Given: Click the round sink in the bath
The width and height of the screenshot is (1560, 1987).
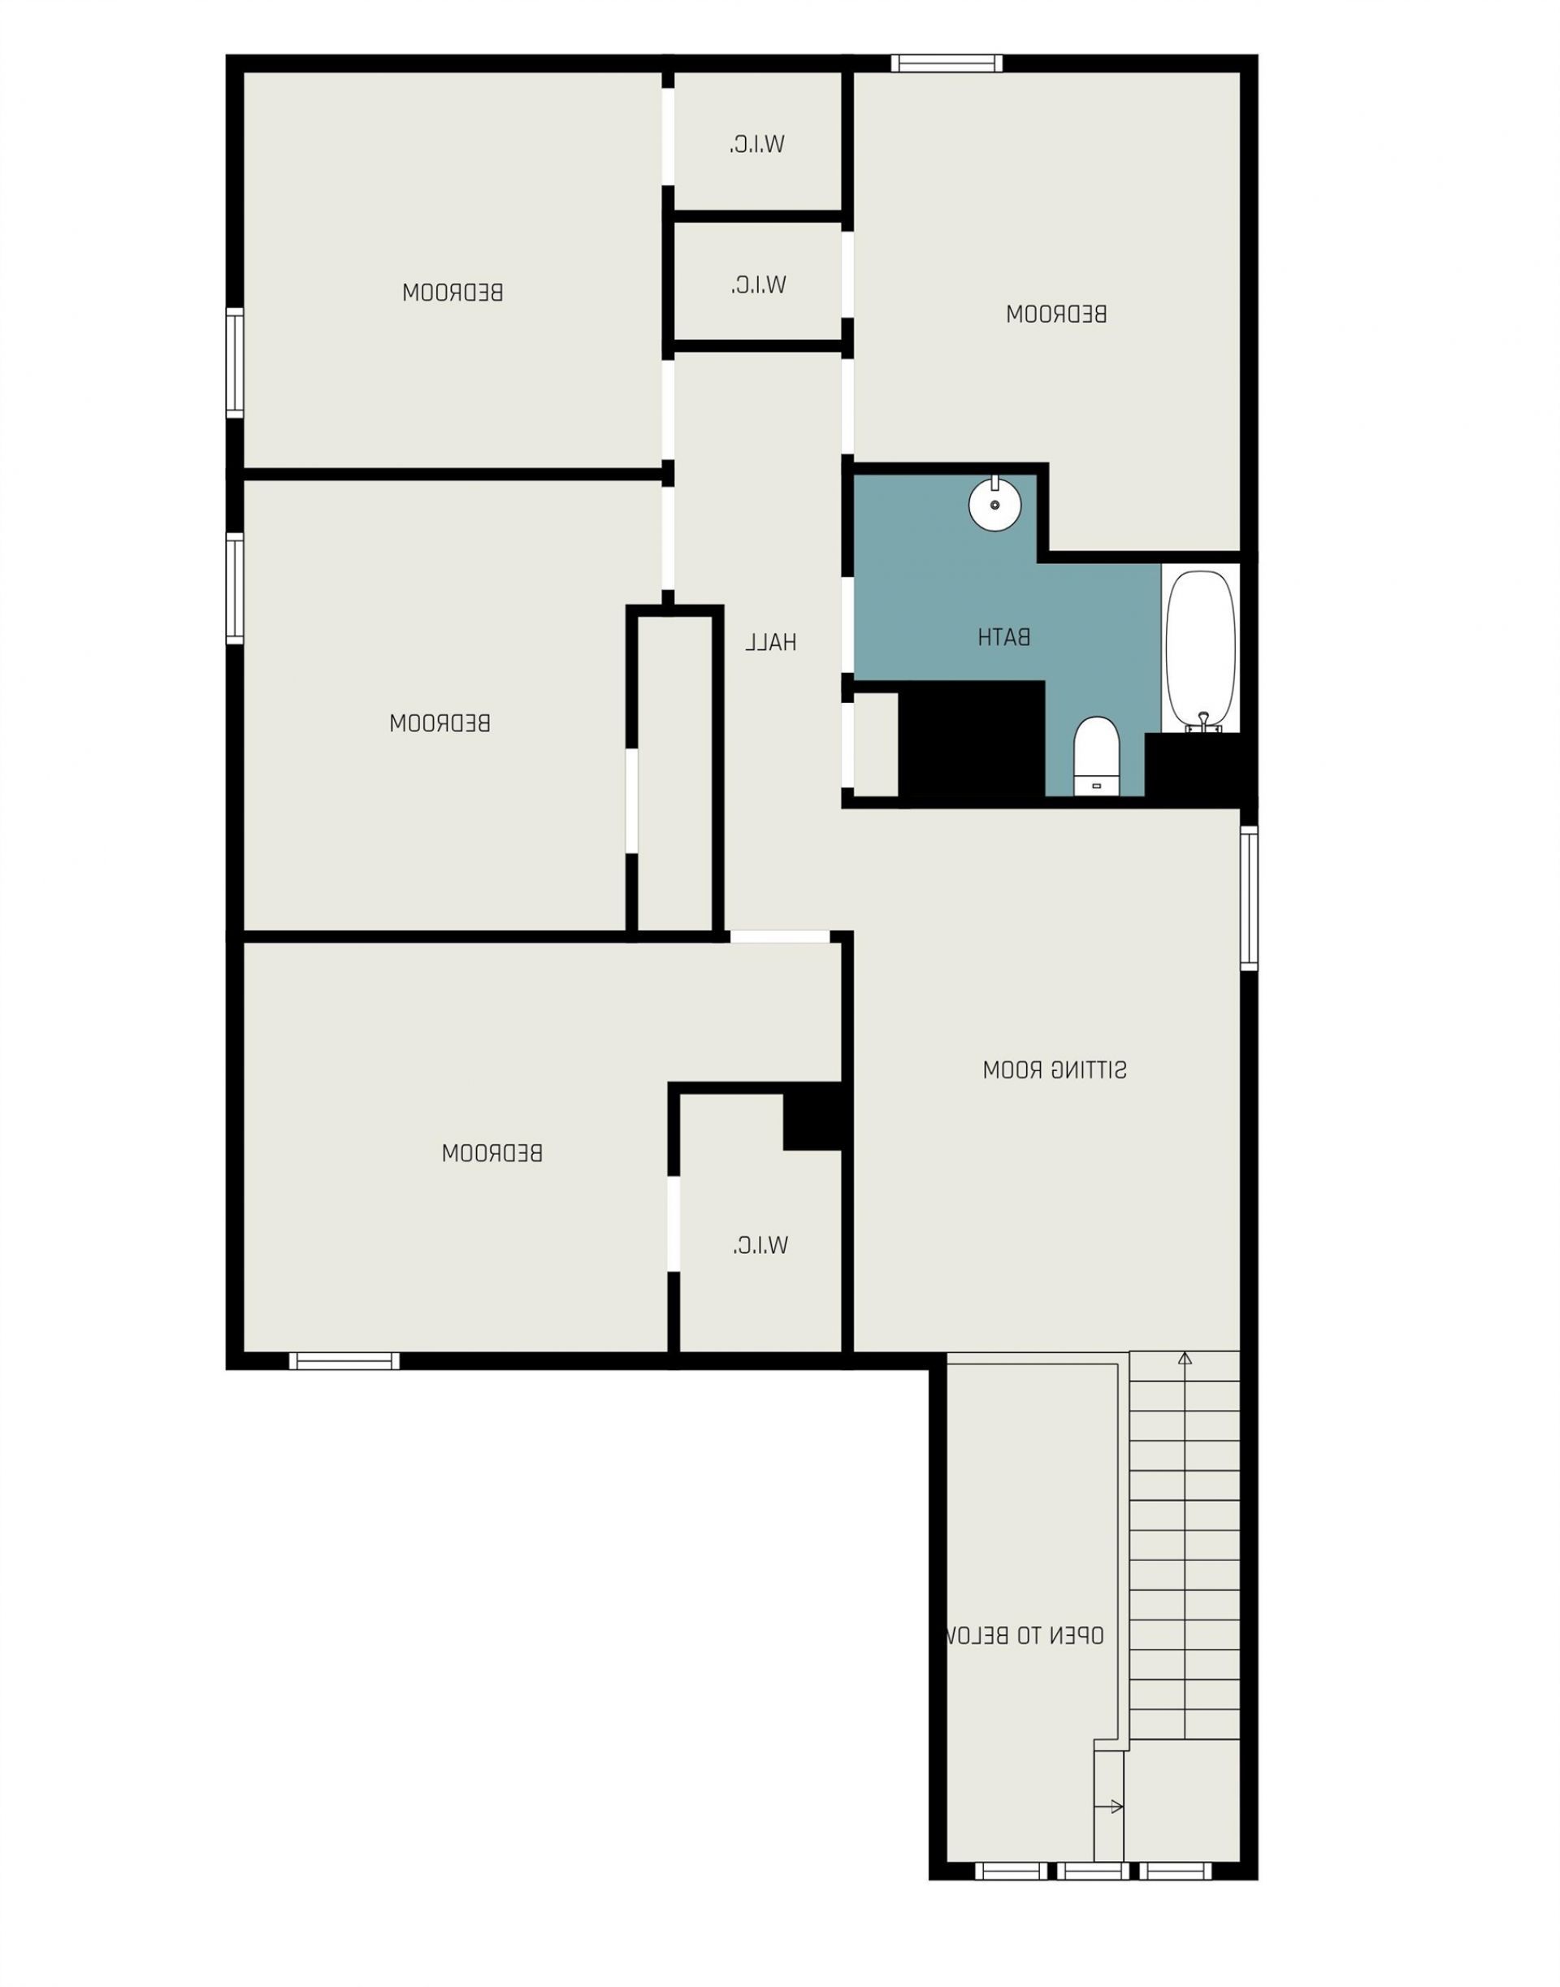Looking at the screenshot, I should (994, 505).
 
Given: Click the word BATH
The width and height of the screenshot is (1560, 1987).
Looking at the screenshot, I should (1005, 638).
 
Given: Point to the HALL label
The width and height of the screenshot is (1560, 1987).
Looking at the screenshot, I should (771, 643).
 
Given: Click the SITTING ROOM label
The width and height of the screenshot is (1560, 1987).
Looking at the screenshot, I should (1055, 1070).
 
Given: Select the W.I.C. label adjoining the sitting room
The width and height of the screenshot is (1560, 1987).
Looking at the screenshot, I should (760, 1245).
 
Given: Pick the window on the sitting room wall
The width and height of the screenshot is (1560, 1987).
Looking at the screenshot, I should (1249, 898).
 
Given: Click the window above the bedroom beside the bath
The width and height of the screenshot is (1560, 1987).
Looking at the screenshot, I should (947, 64).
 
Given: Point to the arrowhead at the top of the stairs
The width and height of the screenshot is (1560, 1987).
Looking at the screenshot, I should (1185, 1359).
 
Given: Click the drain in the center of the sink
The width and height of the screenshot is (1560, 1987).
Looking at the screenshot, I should (994, 505).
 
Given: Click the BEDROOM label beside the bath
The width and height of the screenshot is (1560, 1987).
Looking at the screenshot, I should (1057, 315).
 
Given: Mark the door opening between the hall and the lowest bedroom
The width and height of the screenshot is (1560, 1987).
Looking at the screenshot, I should (780, 936).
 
